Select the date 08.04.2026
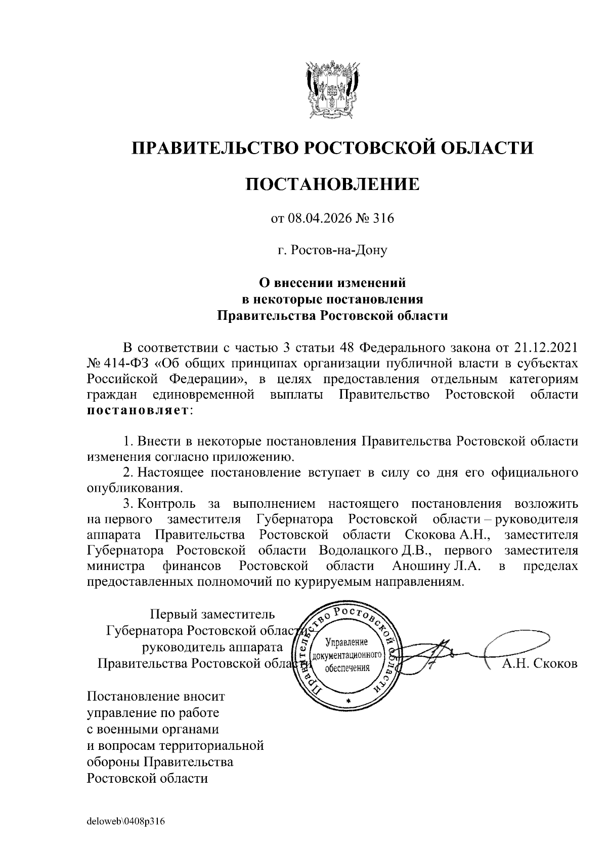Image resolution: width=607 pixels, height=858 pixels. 318,218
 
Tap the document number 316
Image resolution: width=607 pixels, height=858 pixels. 383,218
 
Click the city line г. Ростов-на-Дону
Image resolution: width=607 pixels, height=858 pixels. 332,250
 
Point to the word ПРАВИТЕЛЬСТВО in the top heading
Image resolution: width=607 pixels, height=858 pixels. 213,149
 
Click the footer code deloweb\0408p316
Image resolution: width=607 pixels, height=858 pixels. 126,821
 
